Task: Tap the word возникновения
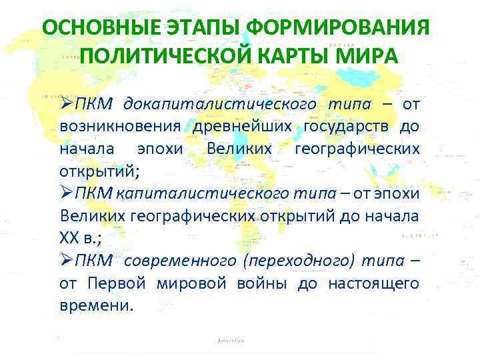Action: (120, 127)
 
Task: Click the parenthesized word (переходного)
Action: (293, 261)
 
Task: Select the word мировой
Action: (189, 284)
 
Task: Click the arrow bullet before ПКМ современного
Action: (67, 261)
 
